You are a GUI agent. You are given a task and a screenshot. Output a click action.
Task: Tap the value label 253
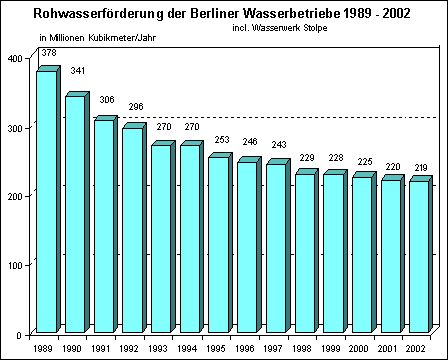point(219,140)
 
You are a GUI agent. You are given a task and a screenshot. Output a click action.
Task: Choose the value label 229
point(306,157)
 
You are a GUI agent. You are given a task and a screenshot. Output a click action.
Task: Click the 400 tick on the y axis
point(16,58)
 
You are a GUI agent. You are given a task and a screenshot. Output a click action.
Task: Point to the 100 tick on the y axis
point(16,265)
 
